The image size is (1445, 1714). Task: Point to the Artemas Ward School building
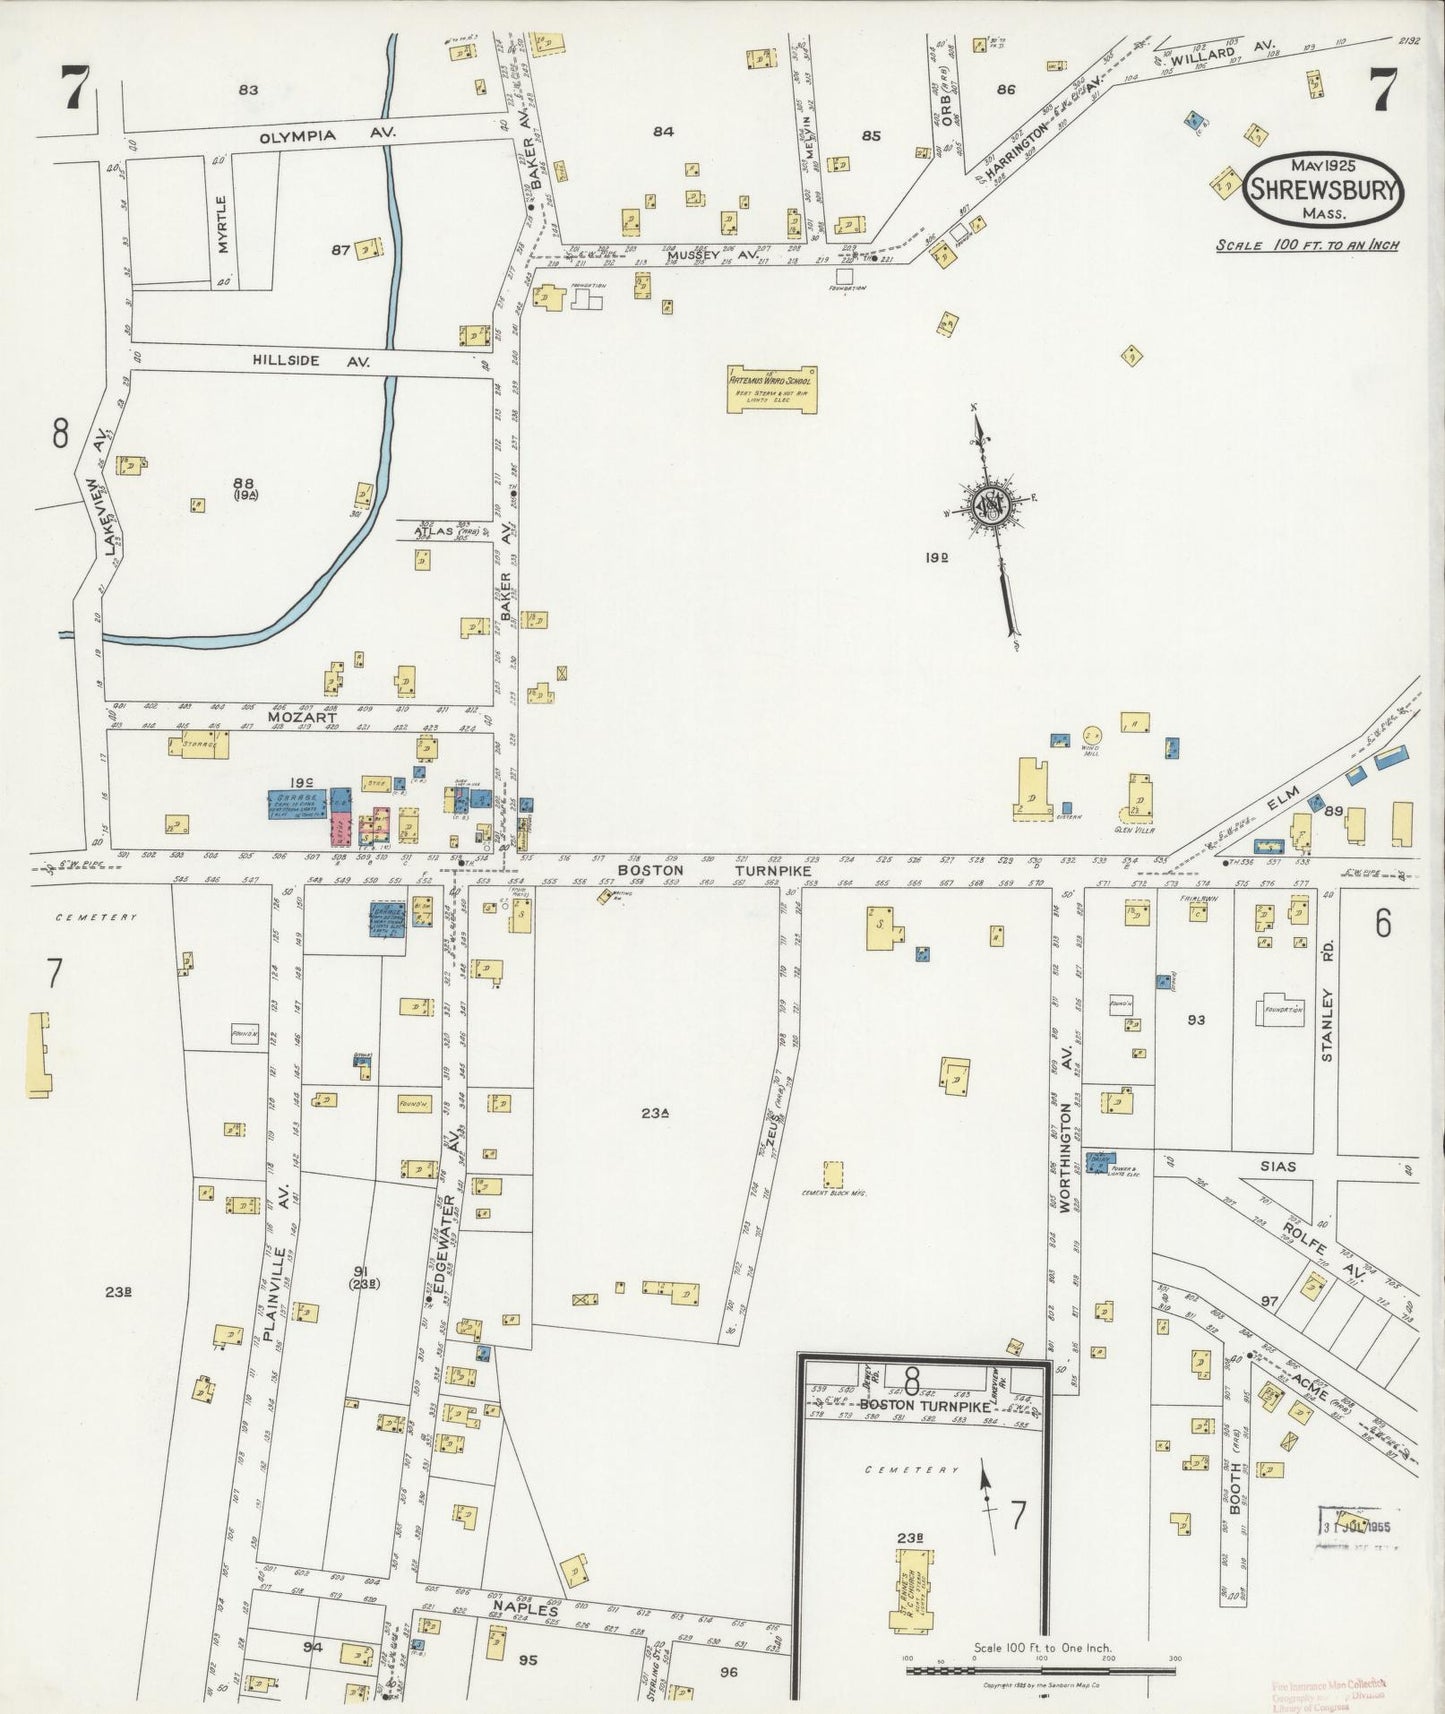pyautogui.click(x=772, y=388)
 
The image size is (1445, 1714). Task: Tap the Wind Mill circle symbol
pyautogui.click(x=1091, y=735)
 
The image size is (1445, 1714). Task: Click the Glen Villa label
pyautogui.click(x=1135, y=830)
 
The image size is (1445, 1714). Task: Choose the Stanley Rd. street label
pyautogui.click(x=1328, y=1025)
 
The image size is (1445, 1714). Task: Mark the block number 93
pyautogui.click(x=1196, y=1020)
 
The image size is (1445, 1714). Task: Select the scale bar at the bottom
pyautogui.click(x=1040, y=1670)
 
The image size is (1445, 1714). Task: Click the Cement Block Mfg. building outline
pyautogui.click(x=832, y=1174)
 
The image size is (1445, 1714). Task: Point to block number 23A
pyautogui.click(x=655, y=1112)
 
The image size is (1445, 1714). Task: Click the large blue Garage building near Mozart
pyautogui.click(x=293, y=804)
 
